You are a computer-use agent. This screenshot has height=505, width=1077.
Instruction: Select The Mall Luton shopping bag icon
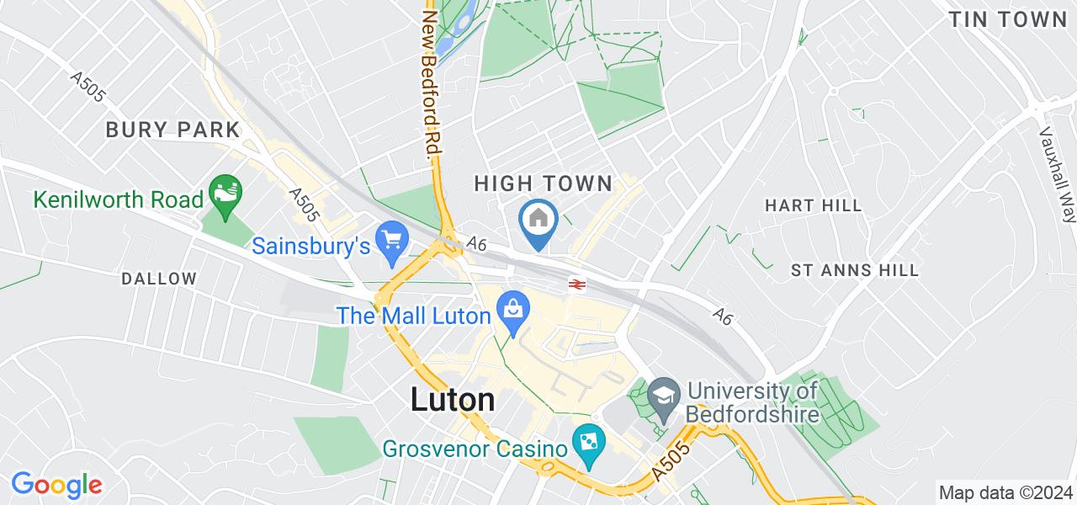(x=512, y=306)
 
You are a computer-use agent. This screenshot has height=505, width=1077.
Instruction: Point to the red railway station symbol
(x=576, y=284)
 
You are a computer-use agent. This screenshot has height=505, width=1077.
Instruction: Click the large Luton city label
(x=453, y=400)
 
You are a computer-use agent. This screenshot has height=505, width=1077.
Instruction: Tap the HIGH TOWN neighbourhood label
(x=542, y=183)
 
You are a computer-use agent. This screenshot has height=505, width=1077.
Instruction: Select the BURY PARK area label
(x=172, y=130)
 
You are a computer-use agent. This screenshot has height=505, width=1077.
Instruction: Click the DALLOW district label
(x=159, y=279)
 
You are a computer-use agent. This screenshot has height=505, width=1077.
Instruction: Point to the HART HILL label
(x=813, y=205)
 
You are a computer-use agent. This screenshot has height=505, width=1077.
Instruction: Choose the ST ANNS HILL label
(x=855, y=271)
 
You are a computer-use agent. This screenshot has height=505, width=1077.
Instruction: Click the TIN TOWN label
(x=1007, y=20)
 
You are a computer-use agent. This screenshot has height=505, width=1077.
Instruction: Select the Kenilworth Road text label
(x=119, y=199)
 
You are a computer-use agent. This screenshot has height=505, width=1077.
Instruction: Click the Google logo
(x=56, y=485)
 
